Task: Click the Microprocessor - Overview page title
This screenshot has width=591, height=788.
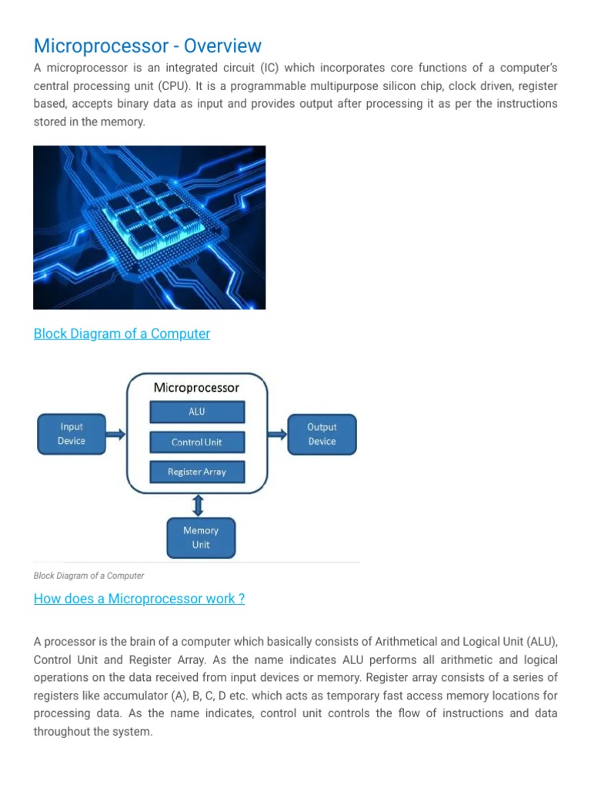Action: click(148, 46)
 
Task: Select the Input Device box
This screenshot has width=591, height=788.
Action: click(72, 434)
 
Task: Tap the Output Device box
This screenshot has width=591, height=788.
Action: click(322, 434)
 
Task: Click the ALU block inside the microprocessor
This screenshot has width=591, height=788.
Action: click(197, 412)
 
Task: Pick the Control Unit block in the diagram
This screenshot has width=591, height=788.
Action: click(197, 442)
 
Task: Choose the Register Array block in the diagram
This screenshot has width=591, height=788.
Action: click(197, 472)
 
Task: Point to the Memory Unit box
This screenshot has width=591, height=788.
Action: click(201, 537)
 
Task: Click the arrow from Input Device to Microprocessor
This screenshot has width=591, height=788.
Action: click(115, 435)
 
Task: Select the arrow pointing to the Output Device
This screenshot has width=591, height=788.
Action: click(277, 435)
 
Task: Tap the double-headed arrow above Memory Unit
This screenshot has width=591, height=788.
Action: click(199, 506)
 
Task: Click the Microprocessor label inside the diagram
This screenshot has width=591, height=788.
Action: click(196, 388)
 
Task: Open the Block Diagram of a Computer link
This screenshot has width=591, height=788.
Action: click(122, 333)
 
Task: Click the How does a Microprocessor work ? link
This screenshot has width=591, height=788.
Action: click(139, 599)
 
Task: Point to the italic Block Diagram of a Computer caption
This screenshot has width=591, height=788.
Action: click(88, 576)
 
